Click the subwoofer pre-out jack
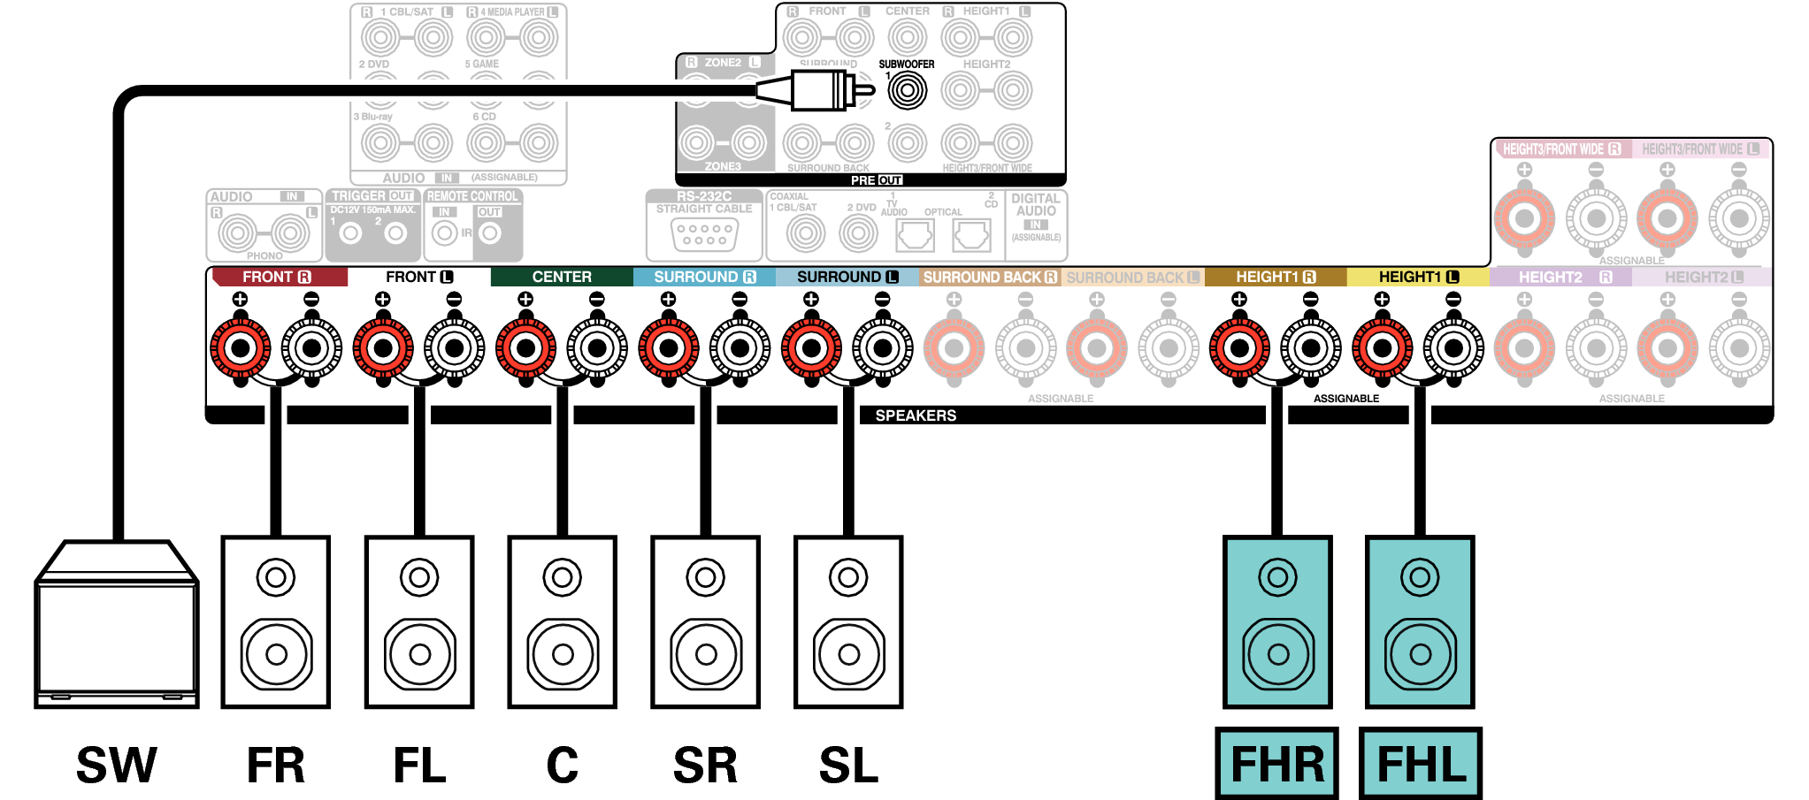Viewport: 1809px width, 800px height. [907, 90]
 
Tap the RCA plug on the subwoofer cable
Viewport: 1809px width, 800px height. [823, 90]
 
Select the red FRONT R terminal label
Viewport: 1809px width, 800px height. [278, 277]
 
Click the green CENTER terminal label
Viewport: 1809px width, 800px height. [562, 277]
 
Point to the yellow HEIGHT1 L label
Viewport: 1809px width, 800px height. [1418, 277]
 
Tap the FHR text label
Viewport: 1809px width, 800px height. [1276, 764]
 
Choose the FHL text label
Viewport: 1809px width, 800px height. [1421, 764]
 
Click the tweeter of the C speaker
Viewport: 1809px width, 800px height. [563, 578]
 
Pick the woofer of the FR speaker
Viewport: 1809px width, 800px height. [276, 654]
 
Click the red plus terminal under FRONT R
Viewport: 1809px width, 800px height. [241, 347]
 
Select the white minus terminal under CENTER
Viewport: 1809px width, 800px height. [597, 347]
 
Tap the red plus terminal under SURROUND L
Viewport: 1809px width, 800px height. [811, 347]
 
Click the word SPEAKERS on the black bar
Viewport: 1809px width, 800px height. [916, 415]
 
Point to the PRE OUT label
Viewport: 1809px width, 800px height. [876, 180]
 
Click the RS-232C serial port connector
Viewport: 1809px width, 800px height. [704, 234]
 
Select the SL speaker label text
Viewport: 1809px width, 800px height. [848, 766]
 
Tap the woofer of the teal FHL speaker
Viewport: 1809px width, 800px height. [1421, 654]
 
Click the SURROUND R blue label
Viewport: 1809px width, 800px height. [704, 277]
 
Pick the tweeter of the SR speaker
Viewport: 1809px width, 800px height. [705, 578]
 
